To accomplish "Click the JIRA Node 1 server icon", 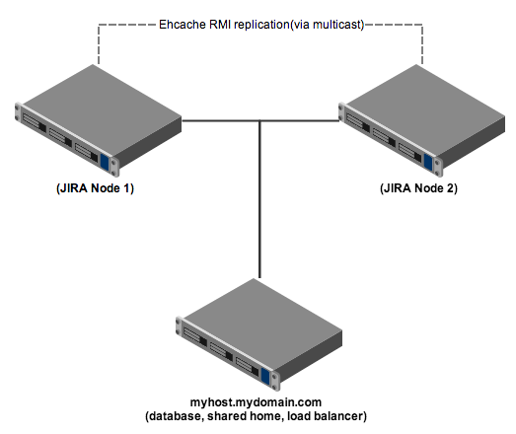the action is tap(98, 120).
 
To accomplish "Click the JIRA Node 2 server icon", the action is tap(421, 120).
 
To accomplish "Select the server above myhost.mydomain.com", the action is tap(259, 334).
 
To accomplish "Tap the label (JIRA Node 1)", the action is tap(95, 188).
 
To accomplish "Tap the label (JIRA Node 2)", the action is tap(418, 188).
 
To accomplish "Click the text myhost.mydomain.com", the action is tap(256, 402).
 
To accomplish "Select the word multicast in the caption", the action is tap(336, 25).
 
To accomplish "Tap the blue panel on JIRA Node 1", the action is tap(105, 162).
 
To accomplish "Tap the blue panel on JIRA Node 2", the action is tap(428, 162).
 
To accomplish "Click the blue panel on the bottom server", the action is tap(265, 376).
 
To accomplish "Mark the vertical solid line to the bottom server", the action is tap(259, 199).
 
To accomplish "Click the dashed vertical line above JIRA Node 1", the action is tap(99, 44).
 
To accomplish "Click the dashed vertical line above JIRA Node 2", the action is tap(422, 44).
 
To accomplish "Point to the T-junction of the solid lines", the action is tap(259, 120).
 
